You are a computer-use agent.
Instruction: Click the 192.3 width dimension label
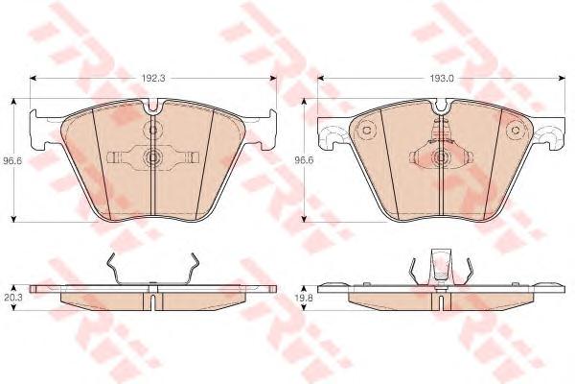(x=153, y=79)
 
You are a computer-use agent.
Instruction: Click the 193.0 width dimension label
(x=442, y=79)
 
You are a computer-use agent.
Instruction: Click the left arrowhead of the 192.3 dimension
(x=33, y=79)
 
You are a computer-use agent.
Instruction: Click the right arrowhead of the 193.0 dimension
(x=561, y=79)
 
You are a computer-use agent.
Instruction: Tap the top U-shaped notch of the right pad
(x=441, y=106)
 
